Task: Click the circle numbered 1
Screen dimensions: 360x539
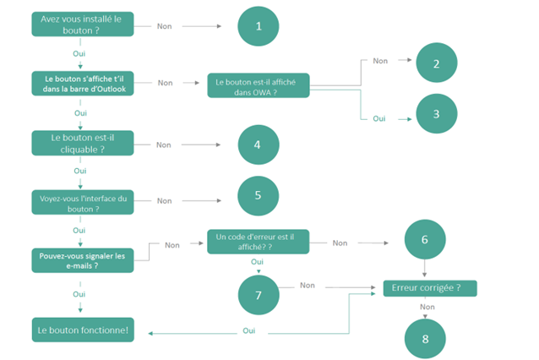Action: coord(259,26)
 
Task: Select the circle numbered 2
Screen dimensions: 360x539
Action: coord(435,63)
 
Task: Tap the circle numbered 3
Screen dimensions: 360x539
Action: coord(435,114)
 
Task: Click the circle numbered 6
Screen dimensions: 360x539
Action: coord(424,240)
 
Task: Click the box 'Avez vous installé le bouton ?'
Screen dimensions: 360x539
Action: coord(80,24)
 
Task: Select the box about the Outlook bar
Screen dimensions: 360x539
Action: coord(80,83)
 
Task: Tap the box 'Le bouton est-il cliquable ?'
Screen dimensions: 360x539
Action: coord(80,142)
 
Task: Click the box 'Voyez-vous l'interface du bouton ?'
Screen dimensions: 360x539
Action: coord(80,200)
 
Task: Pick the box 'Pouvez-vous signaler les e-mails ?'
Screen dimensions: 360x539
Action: coord(80,259)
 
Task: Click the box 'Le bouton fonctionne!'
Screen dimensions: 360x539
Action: coord(82,329)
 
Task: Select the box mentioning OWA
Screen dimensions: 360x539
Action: coord(259,85)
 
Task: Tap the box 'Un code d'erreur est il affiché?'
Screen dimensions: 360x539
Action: coord(259,243)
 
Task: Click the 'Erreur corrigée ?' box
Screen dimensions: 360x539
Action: coord(430,288)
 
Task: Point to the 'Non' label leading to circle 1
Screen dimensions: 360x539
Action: coord(166,25)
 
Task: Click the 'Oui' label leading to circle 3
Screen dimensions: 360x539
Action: coord(379,118)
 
